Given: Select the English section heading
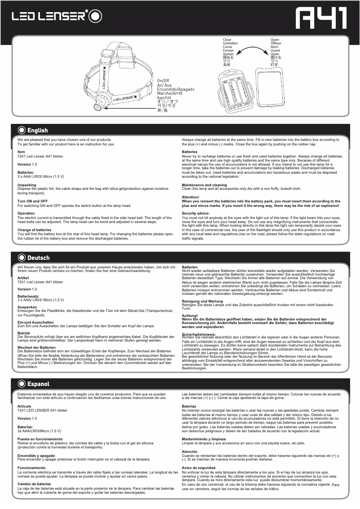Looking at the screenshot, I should tap(37, 131).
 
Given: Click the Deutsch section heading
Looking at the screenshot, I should tap(38, 258).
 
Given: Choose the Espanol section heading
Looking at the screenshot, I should tap(38, 384).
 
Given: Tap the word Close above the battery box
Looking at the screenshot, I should tap(227, 40).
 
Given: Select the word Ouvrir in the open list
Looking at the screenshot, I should tap(275, 51).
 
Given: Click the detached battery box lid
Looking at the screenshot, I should tap(270, 88).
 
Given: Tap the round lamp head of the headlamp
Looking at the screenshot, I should tap(97, 108).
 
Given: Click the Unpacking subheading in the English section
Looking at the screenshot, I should tap(27, 185).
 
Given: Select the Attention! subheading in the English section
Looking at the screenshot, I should tap(190, 197).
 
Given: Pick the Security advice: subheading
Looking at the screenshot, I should tap(196, 213).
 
